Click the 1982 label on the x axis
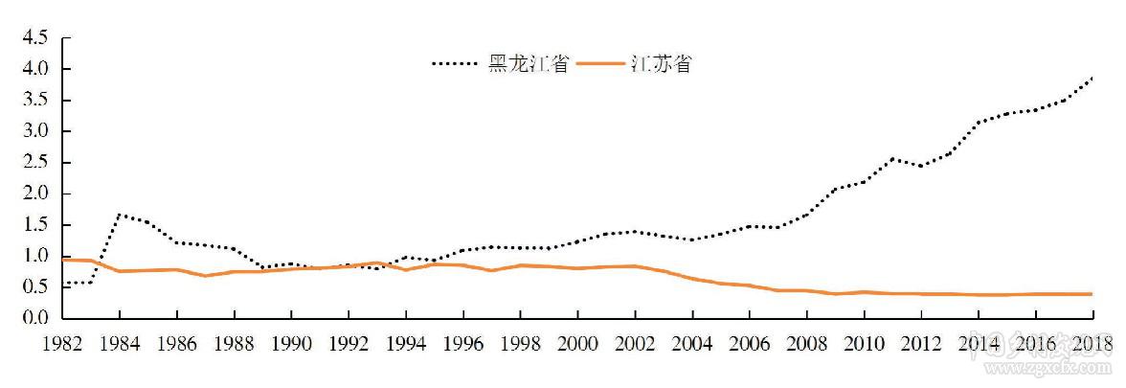pyautogui.click(x=62, y=344)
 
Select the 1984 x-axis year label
pyautogui.click(x=120, y=344)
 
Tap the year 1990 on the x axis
pyautogui.click(x=291, y=344)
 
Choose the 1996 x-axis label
pyautogui.click(x=462, y=344)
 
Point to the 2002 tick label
pyautogui.click(x=635, y=344)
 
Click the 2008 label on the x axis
pyautogui.click(x=806, y=344)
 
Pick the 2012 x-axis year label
pyautogui.click(x=921, y=344)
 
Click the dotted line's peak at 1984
pyautogui.click(x=120, y=214)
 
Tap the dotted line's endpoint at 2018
pyautogui.click(x=1092, y=78)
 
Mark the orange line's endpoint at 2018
pyautogui.click(x=1092, y=294)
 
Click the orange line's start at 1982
pyautogui.click(x=62, y=260)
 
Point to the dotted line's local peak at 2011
pyautogui.click(x=892, y=158)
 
